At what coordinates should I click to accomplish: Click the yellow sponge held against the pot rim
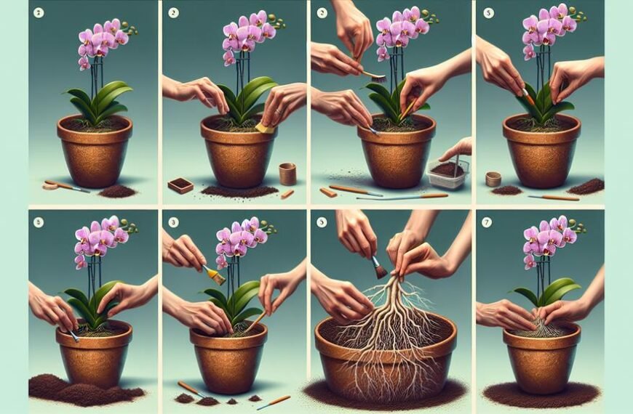[265, 128]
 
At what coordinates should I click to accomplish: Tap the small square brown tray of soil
[180, 185]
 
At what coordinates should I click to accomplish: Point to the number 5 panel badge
[489, 12]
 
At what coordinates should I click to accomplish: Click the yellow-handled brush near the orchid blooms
[212, 274]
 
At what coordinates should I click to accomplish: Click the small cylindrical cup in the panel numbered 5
[493, 179]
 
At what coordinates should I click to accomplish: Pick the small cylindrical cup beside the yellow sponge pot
[288, 173]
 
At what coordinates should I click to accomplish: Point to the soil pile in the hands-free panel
[117, 190]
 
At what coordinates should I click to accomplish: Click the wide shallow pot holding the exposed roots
[386, 349]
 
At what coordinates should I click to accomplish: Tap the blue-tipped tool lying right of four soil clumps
[273, 402]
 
